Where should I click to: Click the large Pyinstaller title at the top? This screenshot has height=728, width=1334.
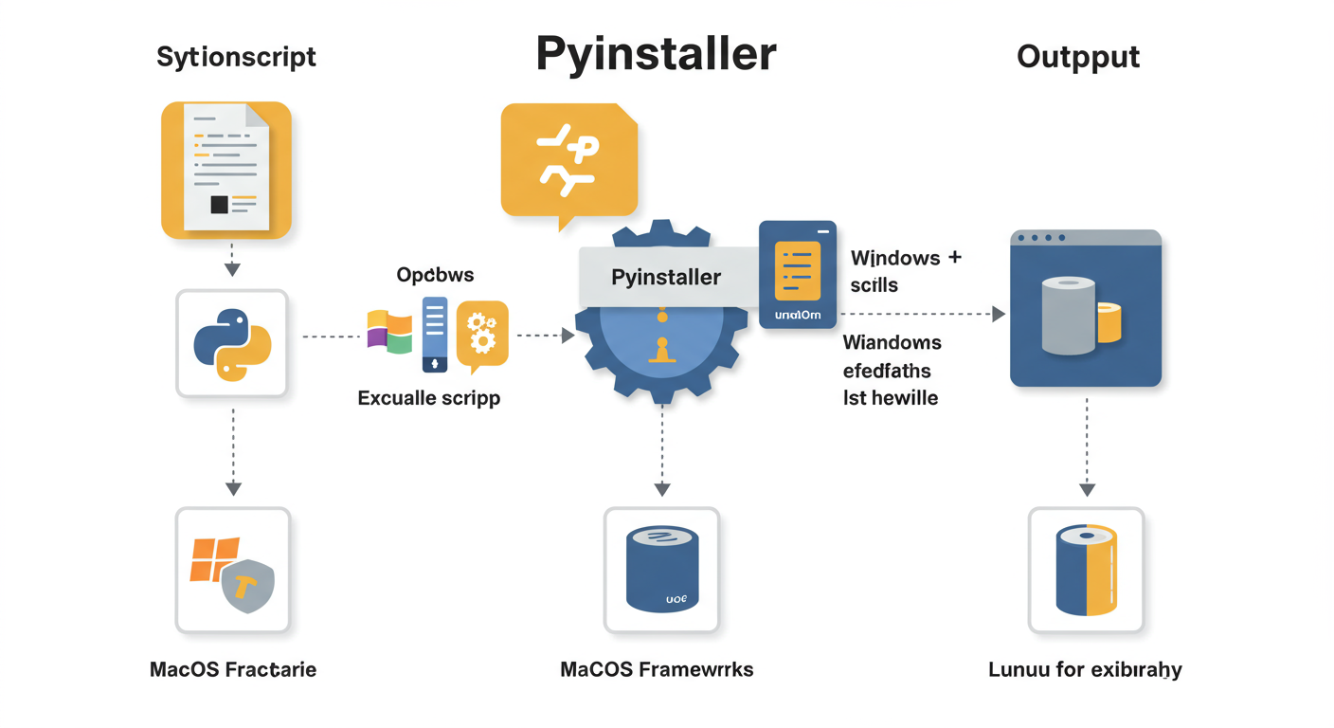[656, 55]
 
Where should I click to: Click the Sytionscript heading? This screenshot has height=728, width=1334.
[236, 57]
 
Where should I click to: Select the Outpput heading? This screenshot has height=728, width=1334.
[1078, 57]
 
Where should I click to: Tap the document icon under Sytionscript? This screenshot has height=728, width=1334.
[226, 169]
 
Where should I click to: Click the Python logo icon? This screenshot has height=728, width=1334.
[232, 343]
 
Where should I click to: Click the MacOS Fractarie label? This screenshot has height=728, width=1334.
[233, 670]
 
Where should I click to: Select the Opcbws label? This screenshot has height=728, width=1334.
[435, 275]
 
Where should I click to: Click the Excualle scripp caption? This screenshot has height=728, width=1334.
[429, 398]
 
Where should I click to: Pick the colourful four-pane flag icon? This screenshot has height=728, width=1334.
[389, 331]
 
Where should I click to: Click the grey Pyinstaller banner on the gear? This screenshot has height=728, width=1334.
[666, 277]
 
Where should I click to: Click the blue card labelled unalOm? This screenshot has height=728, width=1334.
[797, 274]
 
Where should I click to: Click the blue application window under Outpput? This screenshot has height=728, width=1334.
[1085, 308]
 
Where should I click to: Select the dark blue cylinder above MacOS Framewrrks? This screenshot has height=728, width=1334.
[662, 569]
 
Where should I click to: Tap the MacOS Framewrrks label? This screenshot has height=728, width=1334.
[657, 670]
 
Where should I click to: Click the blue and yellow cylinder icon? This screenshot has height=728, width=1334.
[1086, 569]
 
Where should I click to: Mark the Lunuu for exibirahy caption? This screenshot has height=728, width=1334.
[1085, 670]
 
